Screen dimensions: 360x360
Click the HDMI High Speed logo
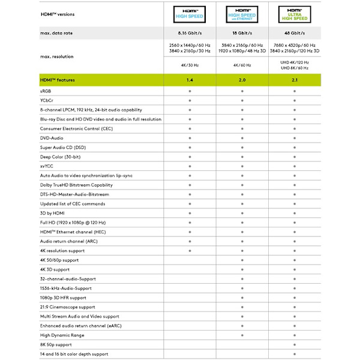coord(190,14)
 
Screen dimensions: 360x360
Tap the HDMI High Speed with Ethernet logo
coord(242,14)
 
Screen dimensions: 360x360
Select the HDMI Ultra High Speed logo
coord(295,14)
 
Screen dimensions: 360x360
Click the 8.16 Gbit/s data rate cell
coord(190,33)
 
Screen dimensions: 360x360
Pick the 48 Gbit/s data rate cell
coord(295,33)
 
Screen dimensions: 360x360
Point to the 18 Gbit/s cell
coord(242,33)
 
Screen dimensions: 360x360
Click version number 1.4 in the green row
coord(190,80)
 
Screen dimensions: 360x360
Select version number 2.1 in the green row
coord(295,80)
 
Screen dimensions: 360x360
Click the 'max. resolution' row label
coord(57,56)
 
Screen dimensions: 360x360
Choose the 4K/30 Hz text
coord(190,65)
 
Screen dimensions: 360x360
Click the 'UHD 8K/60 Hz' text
coord(295,68)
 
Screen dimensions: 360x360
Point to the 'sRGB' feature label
coord(46,91)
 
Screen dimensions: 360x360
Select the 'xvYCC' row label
coord(47,166)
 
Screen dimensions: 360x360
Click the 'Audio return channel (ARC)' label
coord(69,241)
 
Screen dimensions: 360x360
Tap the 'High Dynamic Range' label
coord(62,335)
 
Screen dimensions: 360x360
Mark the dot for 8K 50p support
coord(295,345)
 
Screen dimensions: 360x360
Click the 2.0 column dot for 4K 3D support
coord(242,269)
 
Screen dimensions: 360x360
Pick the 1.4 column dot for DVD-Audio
coord(190,138)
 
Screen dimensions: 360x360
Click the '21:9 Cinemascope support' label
coord(68,307)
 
